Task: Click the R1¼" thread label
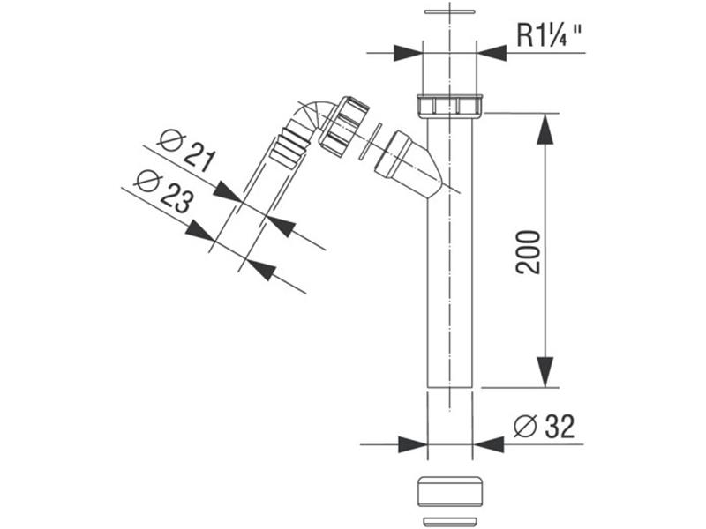(x=549, y=35)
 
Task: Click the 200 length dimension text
(x=528, y=252)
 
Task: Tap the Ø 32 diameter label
(x=544, y=426)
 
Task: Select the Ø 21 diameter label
(x=186, y=151)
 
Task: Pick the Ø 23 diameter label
(x=164, y=191)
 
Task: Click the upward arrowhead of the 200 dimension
(x=545, y=129)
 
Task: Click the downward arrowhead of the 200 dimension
(x=545, y=371)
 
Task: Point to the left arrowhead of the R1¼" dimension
(x=408, y=53)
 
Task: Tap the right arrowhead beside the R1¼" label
(x=492, y=53)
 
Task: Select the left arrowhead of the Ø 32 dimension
(x=413, y=444)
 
